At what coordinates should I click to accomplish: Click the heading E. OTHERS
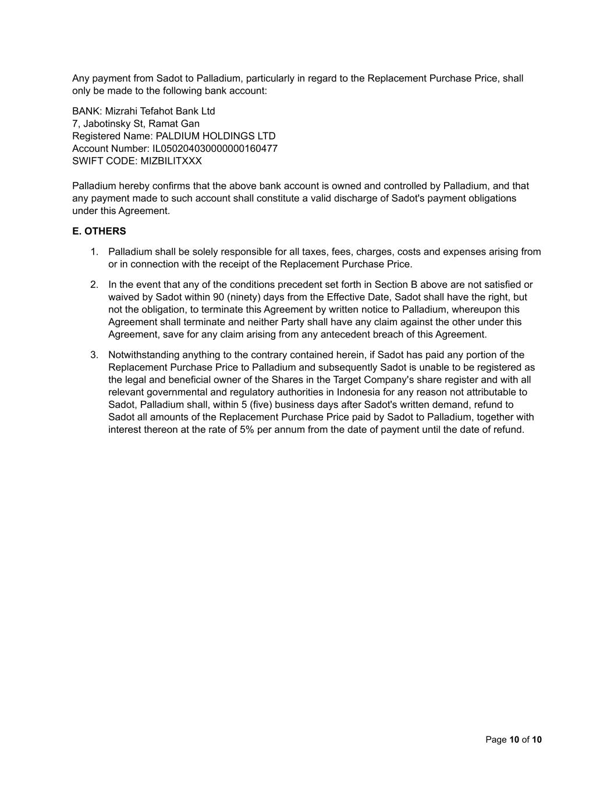point(99,232)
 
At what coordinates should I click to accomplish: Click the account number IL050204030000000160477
point(215,149)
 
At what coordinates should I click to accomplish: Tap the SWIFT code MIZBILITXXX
point(171,161)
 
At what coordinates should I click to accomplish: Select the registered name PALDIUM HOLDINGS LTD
point(215,136)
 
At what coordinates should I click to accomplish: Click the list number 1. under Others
point(94,252)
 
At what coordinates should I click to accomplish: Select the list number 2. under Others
point(94,285)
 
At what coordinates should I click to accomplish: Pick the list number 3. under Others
point(94,355)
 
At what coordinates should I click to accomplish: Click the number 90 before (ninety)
point(219,297)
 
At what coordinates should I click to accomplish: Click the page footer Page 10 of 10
point(513,740)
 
